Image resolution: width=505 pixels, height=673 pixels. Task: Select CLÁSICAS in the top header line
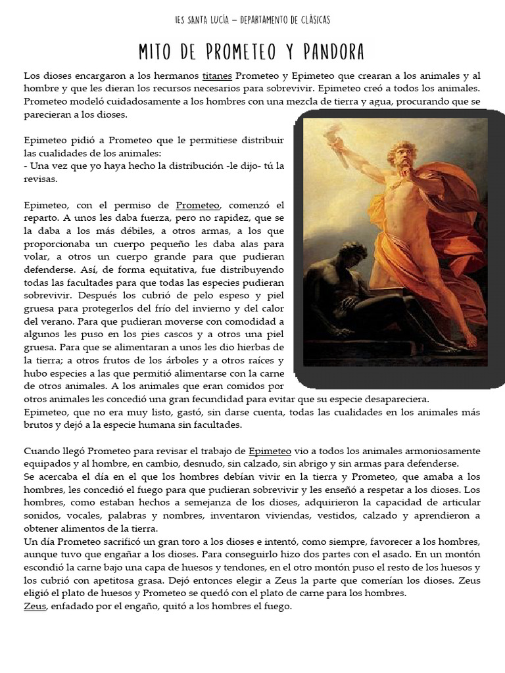pyautogui.click(x=308, y=20)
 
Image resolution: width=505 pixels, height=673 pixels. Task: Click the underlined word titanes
pyautogui.click(x=217, y=76)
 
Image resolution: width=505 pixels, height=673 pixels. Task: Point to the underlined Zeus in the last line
pyautogui.click(x=34, y=606)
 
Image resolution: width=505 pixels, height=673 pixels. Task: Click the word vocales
pyautogui.click(x=82, y=515)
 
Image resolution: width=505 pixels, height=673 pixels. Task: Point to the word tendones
pyautogui.click(x=226, y=567)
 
